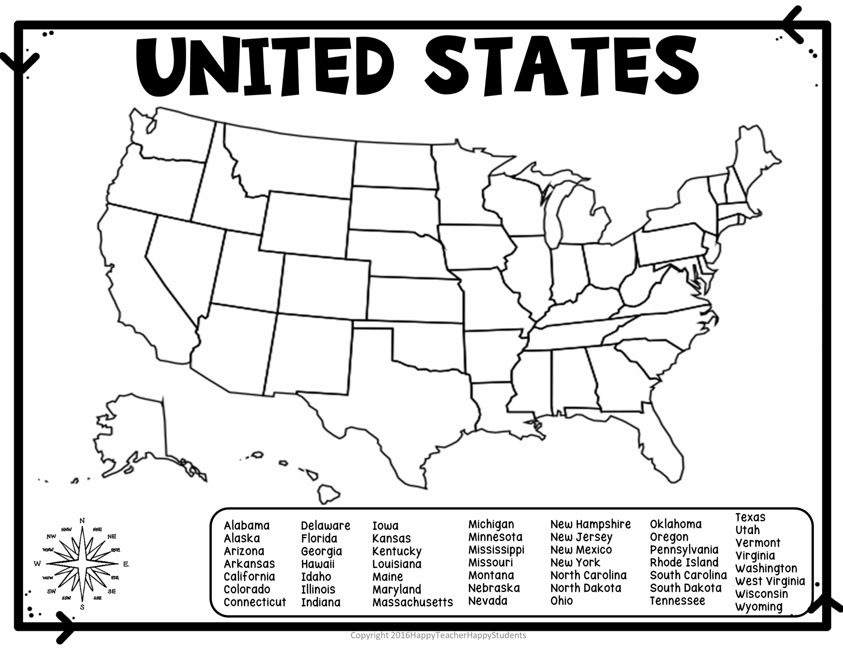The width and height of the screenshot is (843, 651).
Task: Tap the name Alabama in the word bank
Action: (x=247, y=526)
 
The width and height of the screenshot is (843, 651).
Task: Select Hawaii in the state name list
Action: (x=318, y=564)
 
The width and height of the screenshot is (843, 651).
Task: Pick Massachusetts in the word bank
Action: (x=412, y=602)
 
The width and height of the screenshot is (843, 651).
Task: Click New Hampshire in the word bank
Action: (x=590, y=524)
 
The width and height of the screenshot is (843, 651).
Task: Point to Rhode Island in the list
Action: (x=684, y=562)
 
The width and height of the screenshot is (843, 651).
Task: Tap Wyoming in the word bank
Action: (x=758, y=607)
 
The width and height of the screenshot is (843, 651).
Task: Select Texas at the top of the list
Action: (x=750, y=517)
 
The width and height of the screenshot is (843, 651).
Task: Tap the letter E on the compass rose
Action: (x=126, y=564)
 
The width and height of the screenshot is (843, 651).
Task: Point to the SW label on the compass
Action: (x=51, y=591)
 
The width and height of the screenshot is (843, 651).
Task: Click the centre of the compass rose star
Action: (x=82, y=564)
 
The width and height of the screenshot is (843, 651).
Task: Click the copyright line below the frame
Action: (x=438, y=635)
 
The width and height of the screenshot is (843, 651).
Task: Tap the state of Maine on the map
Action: (x=753, y=158)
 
